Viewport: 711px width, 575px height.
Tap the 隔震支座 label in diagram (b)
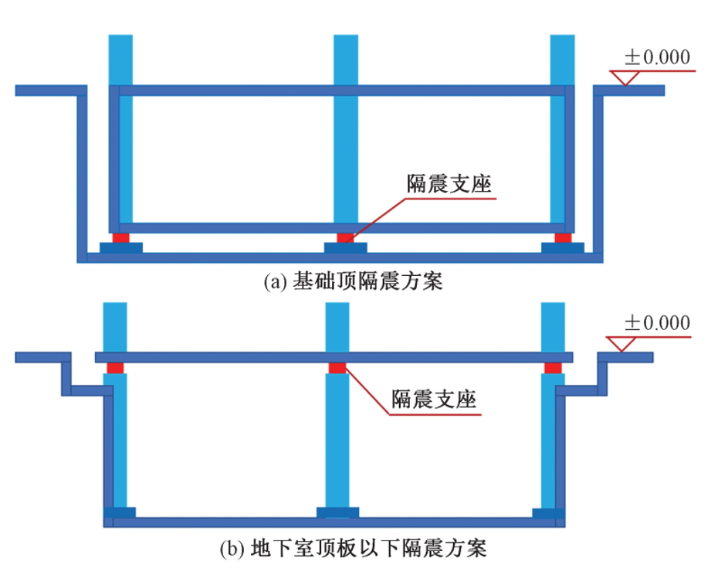433,400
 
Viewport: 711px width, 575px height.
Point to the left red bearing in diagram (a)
121,237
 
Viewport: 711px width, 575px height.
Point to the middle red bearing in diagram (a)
345,237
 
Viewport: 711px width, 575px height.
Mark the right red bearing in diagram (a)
563,237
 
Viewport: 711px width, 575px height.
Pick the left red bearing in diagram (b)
115,367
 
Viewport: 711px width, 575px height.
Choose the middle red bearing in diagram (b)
337,367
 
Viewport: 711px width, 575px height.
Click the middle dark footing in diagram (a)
345,247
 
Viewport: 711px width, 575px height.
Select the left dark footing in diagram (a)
121,247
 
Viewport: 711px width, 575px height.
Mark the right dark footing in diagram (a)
563,247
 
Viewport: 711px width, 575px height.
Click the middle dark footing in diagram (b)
337,512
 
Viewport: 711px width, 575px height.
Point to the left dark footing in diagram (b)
120,512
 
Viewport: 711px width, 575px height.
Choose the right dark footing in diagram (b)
549,512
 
